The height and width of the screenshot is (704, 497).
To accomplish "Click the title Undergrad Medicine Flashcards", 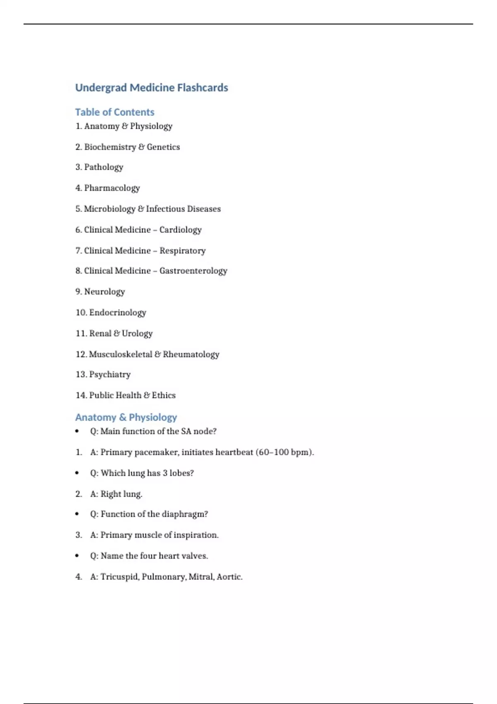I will tap(152, 88).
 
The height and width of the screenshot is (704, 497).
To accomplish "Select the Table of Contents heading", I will tap(115, 112).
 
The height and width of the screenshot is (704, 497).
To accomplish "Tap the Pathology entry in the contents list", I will tap(104, 167).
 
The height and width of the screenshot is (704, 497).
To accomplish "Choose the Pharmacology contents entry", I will tap(112, 188).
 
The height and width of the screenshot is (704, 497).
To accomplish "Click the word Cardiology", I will tap(181, 230).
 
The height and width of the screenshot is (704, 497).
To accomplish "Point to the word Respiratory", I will tap(183, 251).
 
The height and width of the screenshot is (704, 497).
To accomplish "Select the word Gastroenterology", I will tap(193, 271).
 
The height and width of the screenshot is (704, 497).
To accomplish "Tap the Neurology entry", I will tap(104, 292).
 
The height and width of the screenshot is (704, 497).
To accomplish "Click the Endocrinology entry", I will tap(118, 313).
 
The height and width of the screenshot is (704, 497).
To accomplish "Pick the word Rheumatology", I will tap(191, 354).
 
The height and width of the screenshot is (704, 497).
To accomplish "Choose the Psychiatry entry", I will tap(110, 375).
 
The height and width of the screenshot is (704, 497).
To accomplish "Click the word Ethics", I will tap(164, 395).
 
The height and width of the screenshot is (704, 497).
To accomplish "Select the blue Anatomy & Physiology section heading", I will tap(126, 417).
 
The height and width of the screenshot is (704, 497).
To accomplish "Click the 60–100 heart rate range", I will tap(273, 452).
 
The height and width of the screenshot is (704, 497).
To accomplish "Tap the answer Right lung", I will tap(121, 494).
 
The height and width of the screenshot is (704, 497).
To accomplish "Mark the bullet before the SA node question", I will tap(77, 432).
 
